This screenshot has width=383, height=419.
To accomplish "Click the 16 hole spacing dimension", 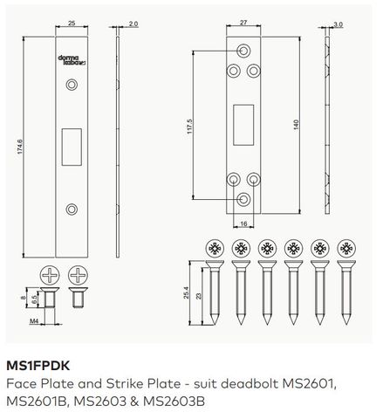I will coord(244,223).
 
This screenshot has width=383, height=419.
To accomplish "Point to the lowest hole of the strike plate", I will coord(244,199).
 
